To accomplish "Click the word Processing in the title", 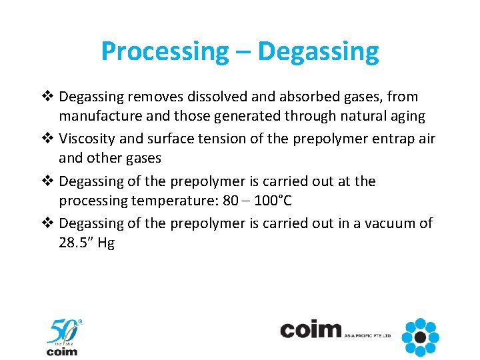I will coord(163,51).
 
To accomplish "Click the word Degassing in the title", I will coord(318,51).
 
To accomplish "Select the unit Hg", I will coord(106,243).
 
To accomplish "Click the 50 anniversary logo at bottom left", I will coord(63,337).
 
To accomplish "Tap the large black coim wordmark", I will coord(311,330).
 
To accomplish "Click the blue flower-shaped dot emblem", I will coord(421,337).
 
